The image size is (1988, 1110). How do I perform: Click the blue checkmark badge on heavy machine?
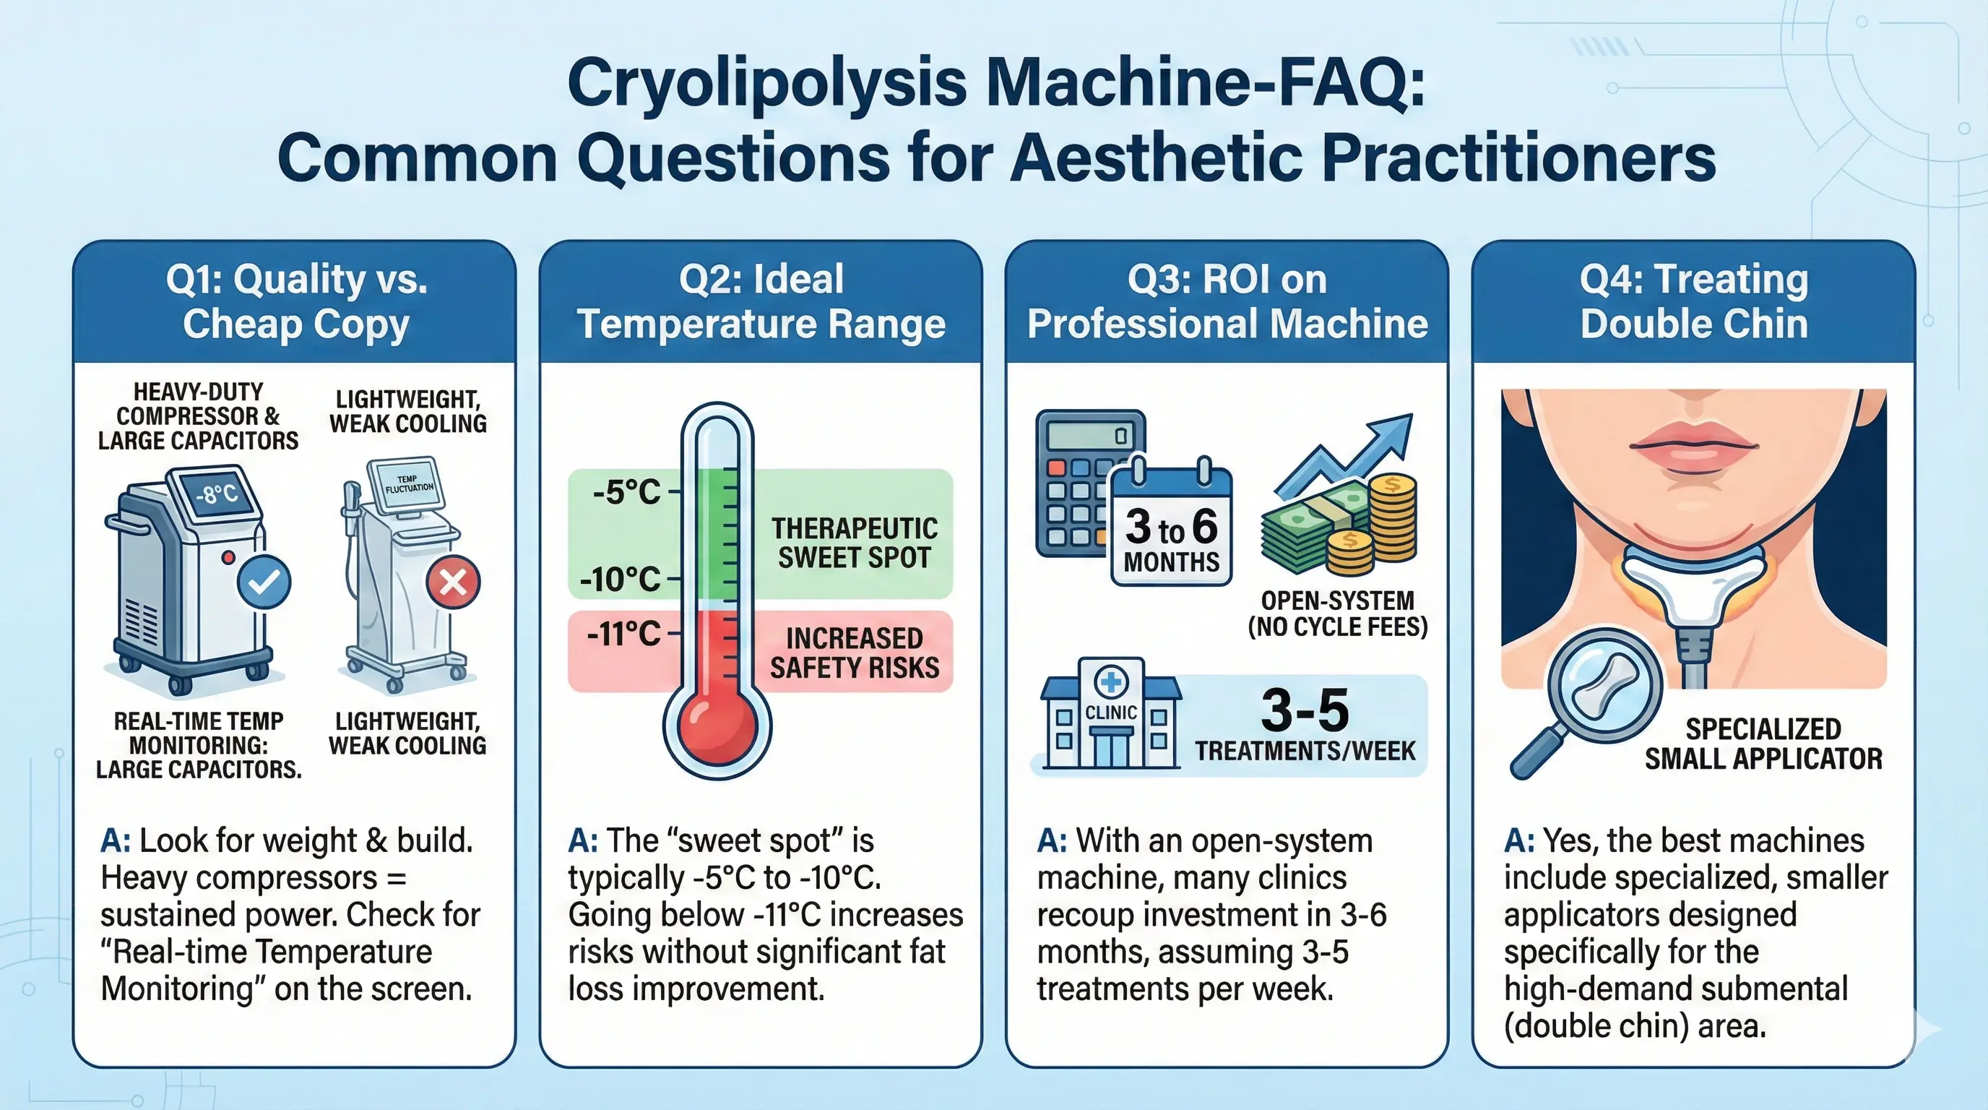tap(264, 582)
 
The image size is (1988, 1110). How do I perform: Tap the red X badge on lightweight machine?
tap(453, 582)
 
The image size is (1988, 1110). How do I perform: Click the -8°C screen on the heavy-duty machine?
tap(217, 494)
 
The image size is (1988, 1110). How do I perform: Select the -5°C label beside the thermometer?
tap(626, 491)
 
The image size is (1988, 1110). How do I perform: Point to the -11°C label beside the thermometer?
tap(623, 634)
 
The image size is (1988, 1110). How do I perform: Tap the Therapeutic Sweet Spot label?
tap(855, 543)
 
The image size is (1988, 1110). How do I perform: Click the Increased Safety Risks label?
tap(855, 653)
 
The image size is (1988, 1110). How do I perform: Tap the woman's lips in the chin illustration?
tap(1694, 448)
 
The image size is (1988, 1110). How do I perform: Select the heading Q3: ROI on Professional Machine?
tap(1227, 301)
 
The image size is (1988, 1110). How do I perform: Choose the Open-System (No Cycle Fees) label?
tap(1337, 614)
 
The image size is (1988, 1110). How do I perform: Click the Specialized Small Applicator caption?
tap(1763, 744)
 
